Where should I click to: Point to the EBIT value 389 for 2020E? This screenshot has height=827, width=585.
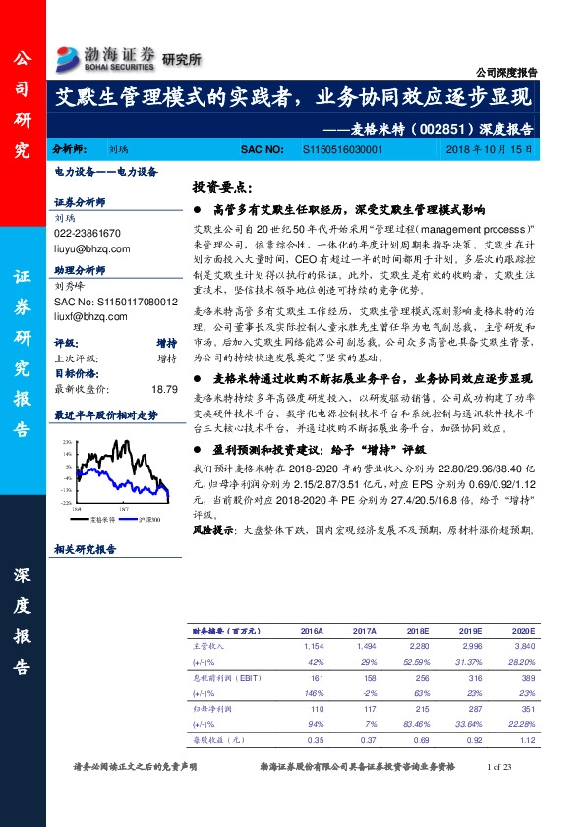tap(529, 677)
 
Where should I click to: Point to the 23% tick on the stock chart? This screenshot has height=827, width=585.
tap(65, 443)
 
